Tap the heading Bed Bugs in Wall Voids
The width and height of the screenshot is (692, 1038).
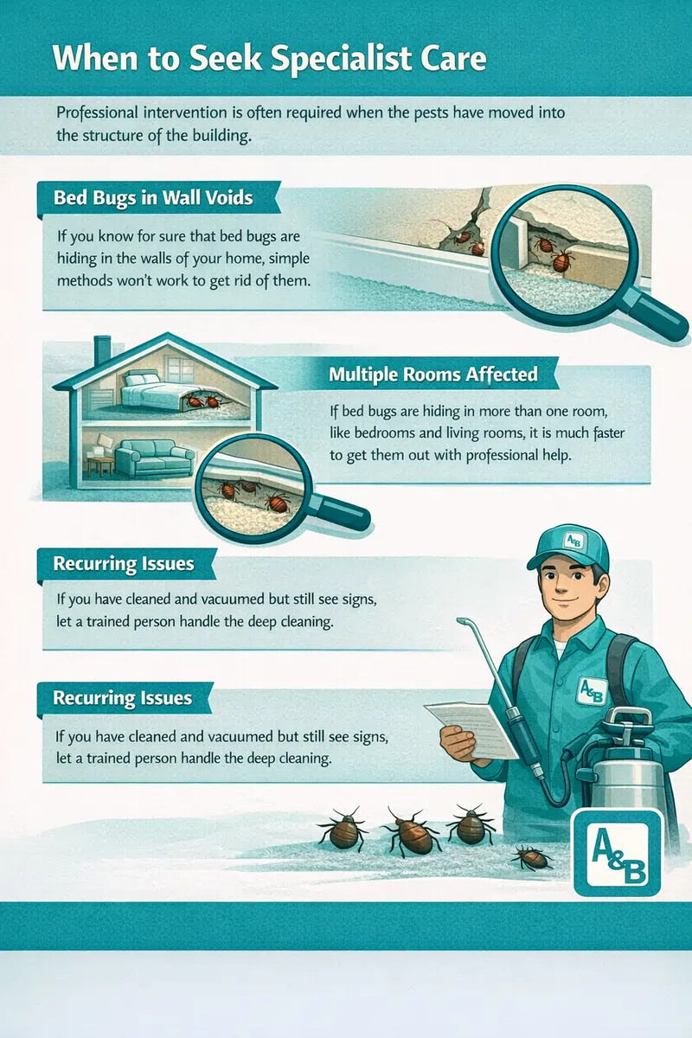point(153,198)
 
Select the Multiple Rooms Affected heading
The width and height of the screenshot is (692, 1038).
point(432,374)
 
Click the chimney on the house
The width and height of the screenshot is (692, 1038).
point(102,349)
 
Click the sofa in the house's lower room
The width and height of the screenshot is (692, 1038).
point(155,458)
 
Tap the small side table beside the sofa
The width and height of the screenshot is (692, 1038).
point(100,465)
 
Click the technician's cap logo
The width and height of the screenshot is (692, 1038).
point(573,541)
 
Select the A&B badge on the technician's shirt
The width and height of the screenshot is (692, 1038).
point(592,691)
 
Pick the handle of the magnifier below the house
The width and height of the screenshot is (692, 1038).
point(340,511)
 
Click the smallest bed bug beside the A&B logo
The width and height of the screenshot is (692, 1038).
point(532,858)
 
